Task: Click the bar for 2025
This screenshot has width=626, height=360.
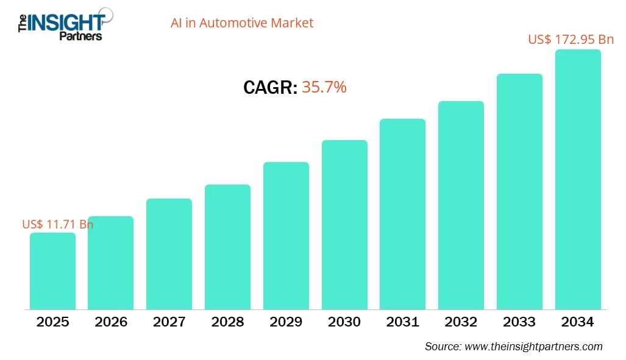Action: (x=52, y=271)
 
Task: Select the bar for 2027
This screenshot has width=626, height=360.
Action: (x=169, y=254)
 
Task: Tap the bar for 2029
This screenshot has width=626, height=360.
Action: (x=286, y=236)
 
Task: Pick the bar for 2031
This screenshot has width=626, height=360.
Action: (x=402, y=214)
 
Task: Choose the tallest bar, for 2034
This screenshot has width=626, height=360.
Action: (x=578, y=180)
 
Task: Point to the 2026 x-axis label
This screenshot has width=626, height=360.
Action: (x=111, y=322)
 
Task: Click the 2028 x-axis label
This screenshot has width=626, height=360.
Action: (x=227, y=322)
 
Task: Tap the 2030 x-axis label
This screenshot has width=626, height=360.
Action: (x=344, y=322)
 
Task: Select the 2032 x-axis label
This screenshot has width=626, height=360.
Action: (x=461, y=322)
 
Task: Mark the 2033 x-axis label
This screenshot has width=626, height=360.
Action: (x=519, y=322)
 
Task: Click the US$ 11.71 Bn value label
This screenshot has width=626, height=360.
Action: (x=57, y=224)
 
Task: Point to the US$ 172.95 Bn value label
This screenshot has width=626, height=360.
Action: (x=571, y=40)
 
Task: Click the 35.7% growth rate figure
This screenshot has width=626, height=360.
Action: (x=324, y=87)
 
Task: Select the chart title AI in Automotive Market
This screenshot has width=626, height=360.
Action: (x=241, y=23)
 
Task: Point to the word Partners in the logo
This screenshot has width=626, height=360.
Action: (x=80, y=36)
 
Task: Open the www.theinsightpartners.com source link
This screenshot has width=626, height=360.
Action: (x=533, y=347)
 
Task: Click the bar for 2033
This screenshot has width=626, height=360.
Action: (x=519, y=191)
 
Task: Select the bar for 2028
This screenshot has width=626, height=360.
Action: (x=227, y=247)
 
